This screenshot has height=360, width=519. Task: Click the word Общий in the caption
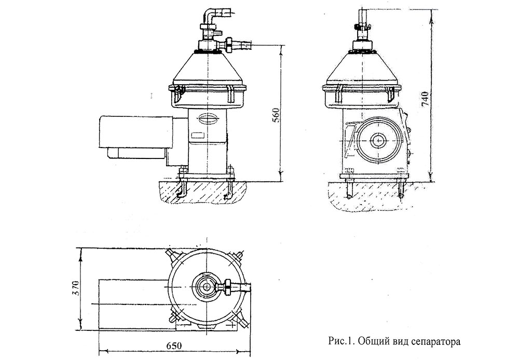373,342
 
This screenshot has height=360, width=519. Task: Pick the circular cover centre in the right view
377,139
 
